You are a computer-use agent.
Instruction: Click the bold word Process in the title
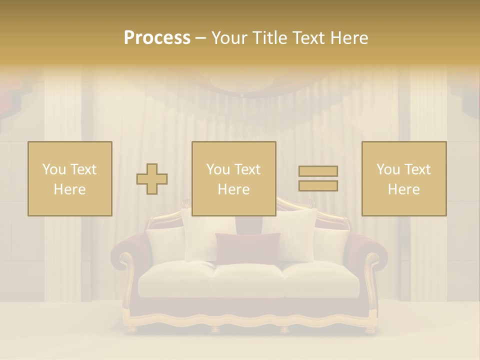(x=157, y=38)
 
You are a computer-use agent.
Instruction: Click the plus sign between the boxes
(x=152, y=179)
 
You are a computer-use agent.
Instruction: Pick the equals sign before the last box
(x=318, y=178)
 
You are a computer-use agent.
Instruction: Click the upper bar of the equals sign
(x=318, y=171)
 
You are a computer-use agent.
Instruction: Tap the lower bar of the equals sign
(x=318, y=185)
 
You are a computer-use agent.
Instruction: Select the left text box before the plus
(x=69, y=178)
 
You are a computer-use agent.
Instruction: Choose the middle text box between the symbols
(x=233, y=178)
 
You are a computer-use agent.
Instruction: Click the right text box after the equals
(x=403, y=178)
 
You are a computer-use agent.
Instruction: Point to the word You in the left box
(x=53, y=169)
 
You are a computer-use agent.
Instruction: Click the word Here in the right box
(x=403, y=189)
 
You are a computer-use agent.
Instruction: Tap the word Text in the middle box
(x=247, y=169)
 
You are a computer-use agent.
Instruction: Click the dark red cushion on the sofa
(x=247, y=248)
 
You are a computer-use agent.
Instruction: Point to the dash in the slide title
(x=201, y=38)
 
